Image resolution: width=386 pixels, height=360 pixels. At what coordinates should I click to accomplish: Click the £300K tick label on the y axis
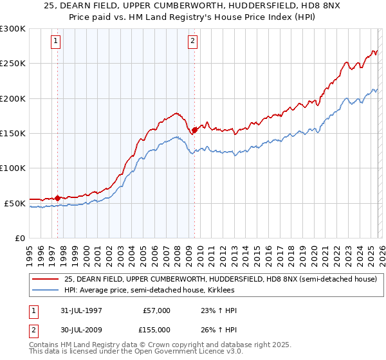coord(13,29)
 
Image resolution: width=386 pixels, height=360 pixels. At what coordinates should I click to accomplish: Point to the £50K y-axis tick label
coord(15,203)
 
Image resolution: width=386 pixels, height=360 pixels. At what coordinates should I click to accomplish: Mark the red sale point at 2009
coord(194,130)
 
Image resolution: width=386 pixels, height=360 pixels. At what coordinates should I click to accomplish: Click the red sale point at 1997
coord(58,198)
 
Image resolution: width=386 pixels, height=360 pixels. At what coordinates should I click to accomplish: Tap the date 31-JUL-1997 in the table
coord(78,310)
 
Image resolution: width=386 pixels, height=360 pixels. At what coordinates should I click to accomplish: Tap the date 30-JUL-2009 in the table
coord(78,328)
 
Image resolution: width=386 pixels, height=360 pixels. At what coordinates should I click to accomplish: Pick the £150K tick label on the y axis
coord(13,134)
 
